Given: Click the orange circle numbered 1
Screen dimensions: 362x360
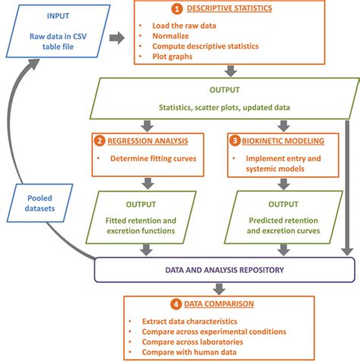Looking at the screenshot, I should (177, 10).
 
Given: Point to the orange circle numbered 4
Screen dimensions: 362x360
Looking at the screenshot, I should (177, 303).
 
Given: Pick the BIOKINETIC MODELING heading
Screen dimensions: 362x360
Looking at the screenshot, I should (283, 141).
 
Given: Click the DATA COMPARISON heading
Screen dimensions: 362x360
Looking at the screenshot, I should (219, 303).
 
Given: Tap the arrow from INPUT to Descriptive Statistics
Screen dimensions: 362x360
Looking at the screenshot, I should (115, 37).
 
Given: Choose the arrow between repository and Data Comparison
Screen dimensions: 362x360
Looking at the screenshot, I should (219, 287).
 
